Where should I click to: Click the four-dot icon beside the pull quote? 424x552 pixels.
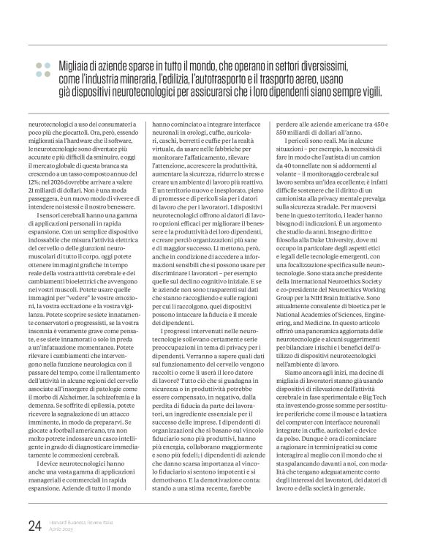coord(39,69)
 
